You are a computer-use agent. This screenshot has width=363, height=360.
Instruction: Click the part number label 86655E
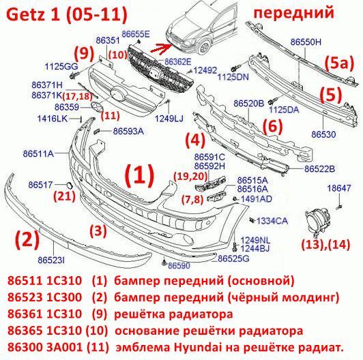pos(136,34)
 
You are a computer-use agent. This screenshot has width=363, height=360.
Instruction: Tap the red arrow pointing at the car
pos(160,48)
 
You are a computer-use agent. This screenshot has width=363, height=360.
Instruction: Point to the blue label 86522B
pos(319,169)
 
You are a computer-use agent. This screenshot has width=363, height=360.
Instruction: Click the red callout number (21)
pos(65,196)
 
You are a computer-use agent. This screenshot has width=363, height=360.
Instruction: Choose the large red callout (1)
pos(139,176)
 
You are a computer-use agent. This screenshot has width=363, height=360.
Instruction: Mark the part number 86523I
pos(51,260)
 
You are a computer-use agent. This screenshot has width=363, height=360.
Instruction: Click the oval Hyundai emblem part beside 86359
pos(96,106)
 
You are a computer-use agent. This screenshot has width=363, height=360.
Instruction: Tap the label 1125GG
pos(61,67)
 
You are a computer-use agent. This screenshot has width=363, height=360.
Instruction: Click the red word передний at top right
pos(294,13)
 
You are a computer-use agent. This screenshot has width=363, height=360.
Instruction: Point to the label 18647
pos(339,188)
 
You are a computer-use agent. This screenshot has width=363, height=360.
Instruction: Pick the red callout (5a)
pos(339,63)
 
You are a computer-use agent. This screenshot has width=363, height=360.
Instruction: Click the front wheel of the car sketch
pos(205,48)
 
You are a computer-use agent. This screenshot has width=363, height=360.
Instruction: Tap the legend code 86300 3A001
pos(44,347)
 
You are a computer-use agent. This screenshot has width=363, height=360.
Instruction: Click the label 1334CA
pos(272,221)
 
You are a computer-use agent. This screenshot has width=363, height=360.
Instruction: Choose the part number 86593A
pos(128,132)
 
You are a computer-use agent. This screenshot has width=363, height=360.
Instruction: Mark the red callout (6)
pos(273,126)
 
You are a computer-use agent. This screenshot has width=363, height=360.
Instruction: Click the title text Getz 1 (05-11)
pos(67,14)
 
